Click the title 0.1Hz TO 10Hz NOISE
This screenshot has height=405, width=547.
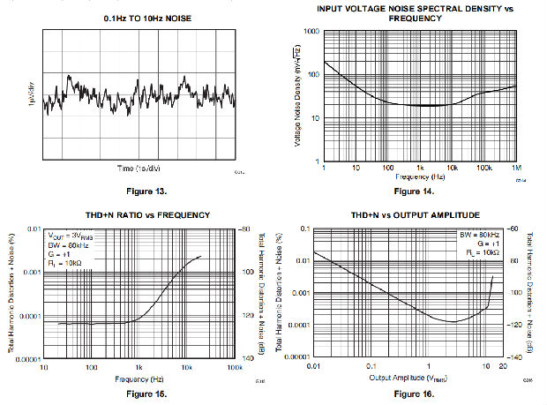point(137,18)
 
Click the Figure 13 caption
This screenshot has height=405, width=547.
point(137,191)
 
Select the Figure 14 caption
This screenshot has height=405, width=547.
point(413,191)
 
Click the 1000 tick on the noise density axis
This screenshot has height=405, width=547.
point(311,31)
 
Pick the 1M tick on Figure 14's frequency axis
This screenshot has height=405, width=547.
point(514,168)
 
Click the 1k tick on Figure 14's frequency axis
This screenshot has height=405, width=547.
point(419,168)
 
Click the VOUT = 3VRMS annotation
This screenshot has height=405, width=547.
point(70,236)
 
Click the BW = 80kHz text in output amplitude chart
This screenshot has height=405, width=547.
point(478,236)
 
